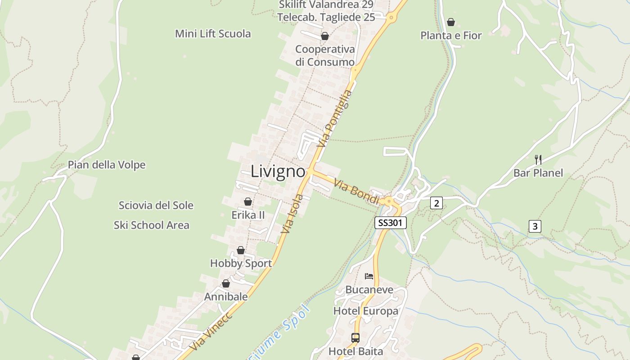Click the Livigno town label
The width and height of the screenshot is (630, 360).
pyautogui.click(x=278, y=171)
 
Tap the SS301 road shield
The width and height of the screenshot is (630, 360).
pyautogui.click(x=391, y=223)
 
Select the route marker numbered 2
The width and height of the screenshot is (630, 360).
pyautogui.click(x=436, y=203)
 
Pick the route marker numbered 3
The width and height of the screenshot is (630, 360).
pyautogui.click(x=535, y=226)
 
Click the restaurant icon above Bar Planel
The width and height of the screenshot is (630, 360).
pyautogui.click(x=538, y=159)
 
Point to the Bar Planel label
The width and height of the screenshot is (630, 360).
pyautogui.click(x=538, y=173)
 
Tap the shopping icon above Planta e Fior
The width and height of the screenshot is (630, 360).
pyautogui.click(x=451, y=22)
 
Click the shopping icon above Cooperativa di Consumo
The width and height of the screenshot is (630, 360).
pyautogui.click(x=324, y=36)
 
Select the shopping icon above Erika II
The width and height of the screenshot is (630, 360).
pyautogui.click(x=248, y=202)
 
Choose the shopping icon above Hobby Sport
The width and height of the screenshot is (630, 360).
pyautogui.click(x=241, y=250)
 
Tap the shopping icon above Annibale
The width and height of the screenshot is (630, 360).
pyautogui.click(x=226, y=283)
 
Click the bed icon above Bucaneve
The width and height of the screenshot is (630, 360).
pyautogui.click(x=369, y=276)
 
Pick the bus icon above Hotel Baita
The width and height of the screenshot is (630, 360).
pyautogui.click(x=355, y=337)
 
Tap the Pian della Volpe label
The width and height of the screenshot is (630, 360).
pyautogui.click(x=107, y=165)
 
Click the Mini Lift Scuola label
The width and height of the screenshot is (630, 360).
pyautogui.click(x=213, y=34)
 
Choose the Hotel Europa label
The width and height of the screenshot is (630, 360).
pyautogui.click(x=365, y=311)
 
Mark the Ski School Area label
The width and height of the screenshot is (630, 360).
pyautogui.click(x=151, y=225)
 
